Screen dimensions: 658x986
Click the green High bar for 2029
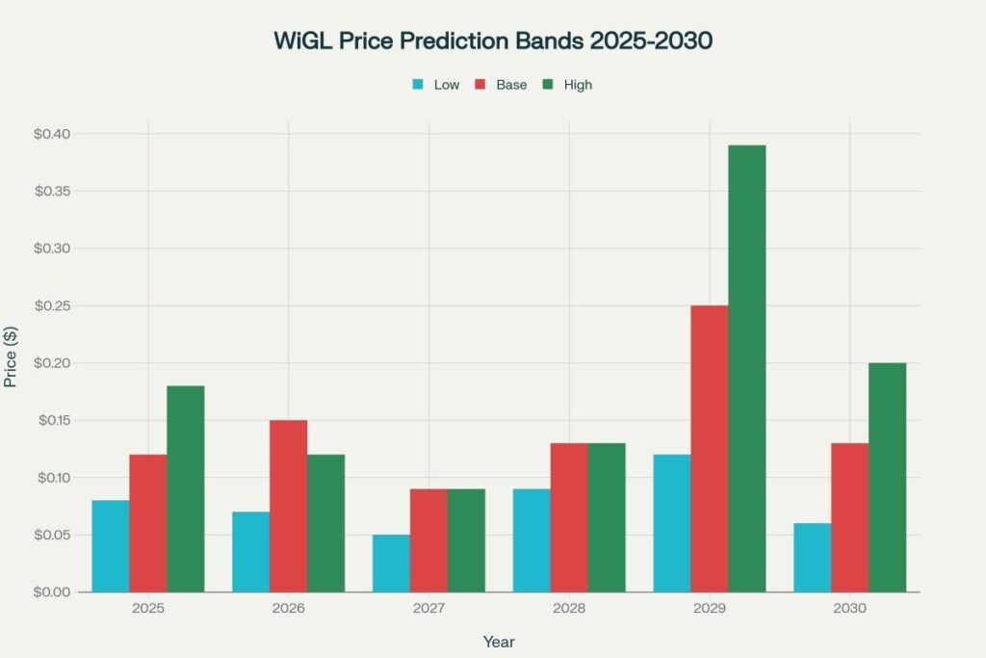747,368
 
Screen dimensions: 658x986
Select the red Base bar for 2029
710,448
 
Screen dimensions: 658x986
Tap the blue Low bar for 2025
111,546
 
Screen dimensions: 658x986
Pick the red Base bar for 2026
289,506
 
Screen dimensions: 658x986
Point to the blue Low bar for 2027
391,564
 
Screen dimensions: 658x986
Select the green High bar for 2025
186,488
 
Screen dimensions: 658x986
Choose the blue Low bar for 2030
812,558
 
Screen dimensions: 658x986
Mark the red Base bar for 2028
569,517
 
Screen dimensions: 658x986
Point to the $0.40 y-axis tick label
53,134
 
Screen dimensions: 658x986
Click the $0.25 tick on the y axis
53,306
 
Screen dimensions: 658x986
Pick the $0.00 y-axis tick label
53,592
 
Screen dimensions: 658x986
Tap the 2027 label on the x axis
428,609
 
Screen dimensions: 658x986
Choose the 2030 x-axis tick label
850,609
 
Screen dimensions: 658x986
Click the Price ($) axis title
12,355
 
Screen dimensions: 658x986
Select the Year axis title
499,641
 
